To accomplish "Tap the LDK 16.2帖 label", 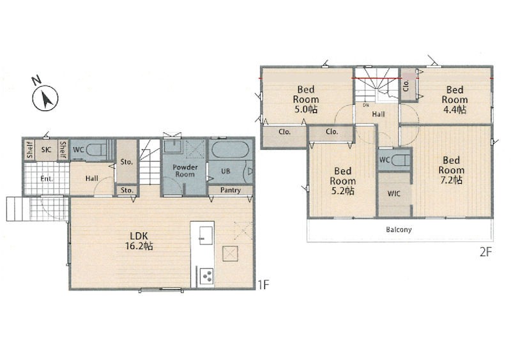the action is pyautogui.click(x=139, y=241).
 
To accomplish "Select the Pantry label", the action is pyautogui.click(x=231, y=190).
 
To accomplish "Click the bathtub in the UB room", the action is pyautogui.click(x=230, y=150).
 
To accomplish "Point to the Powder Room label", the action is pyautogui.click(x=185, y=170).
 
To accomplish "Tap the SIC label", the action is pyautogui.click(x=46, y=149).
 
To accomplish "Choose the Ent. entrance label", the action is pyautogui.click(x=47, y=179).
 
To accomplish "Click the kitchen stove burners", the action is pyautogui.click(x=206, y=276).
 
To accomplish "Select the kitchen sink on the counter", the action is pyautogui.click(x=206, y=236).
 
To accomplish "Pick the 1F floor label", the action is pyautogui.click(x=263, y=285).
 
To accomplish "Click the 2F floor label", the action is pyautogui.click(x=485, y=252).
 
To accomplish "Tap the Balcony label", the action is pyautogui.click(x=399, y=229).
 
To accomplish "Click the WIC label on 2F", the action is pyautogui.click(x=393, y=193).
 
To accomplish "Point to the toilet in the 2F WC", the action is pyautogui.click(x=400, y=160).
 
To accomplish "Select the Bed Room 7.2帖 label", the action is pyautogui.click(x=452, y=170).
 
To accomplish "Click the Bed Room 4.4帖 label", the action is pyautogui.click(x=455, y=100).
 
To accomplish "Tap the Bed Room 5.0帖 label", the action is pyautogui.click(x=306, y=99).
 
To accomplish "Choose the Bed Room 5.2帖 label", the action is pyautogui.click(x=342, y=181).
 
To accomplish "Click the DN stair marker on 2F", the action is pyautogui.click(x=366, y=105).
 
